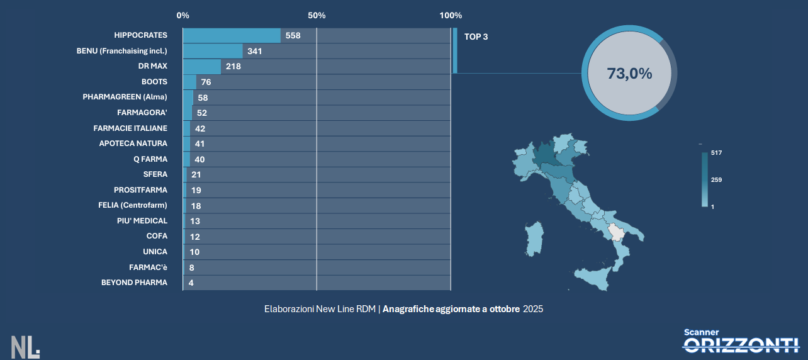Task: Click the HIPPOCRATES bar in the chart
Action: [232, 36]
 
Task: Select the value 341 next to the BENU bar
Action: [254, 51]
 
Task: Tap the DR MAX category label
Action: [153, 66]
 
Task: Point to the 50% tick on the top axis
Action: [317, 15]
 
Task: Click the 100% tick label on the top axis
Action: [451, 15]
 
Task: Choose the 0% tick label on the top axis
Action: [183, 15]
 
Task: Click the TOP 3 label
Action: [476, 37]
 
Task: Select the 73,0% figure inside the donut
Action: [629, 73]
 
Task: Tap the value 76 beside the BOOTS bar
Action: [206, 82]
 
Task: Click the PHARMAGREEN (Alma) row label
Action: [125, 97]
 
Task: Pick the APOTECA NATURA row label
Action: [133, 143]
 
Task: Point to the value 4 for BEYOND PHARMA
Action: [191, 283]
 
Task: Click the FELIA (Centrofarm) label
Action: [133, 205]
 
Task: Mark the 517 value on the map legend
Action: [715, 153]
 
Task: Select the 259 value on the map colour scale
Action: [716, 180]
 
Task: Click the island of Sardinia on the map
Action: [534, 239]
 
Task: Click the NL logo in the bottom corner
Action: [25, 347]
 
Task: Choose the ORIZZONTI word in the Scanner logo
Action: [741, 344]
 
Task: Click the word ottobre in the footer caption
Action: [504, 309]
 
